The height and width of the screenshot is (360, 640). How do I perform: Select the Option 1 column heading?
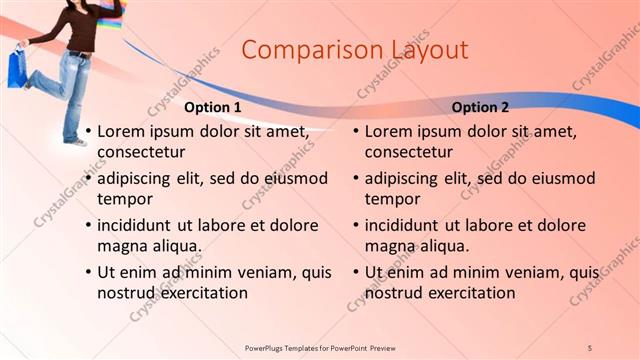coord(213,107)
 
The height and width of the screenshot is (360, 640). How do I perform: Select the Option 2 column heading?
coord(480,107)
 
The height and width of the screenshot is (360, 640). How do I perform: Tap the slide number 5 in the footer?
coord(590,347)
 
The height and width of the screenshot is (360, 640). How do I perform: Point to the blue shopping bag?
coord(17,68)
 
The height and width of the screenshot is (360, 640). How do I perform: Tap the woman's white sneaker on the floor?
coord(77,141)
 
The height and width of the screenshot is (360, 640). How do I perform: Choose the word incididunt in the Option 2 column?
coord(407,225)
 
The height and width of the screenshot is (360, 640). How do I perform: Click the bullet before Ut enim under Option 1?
coord(88,273)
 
